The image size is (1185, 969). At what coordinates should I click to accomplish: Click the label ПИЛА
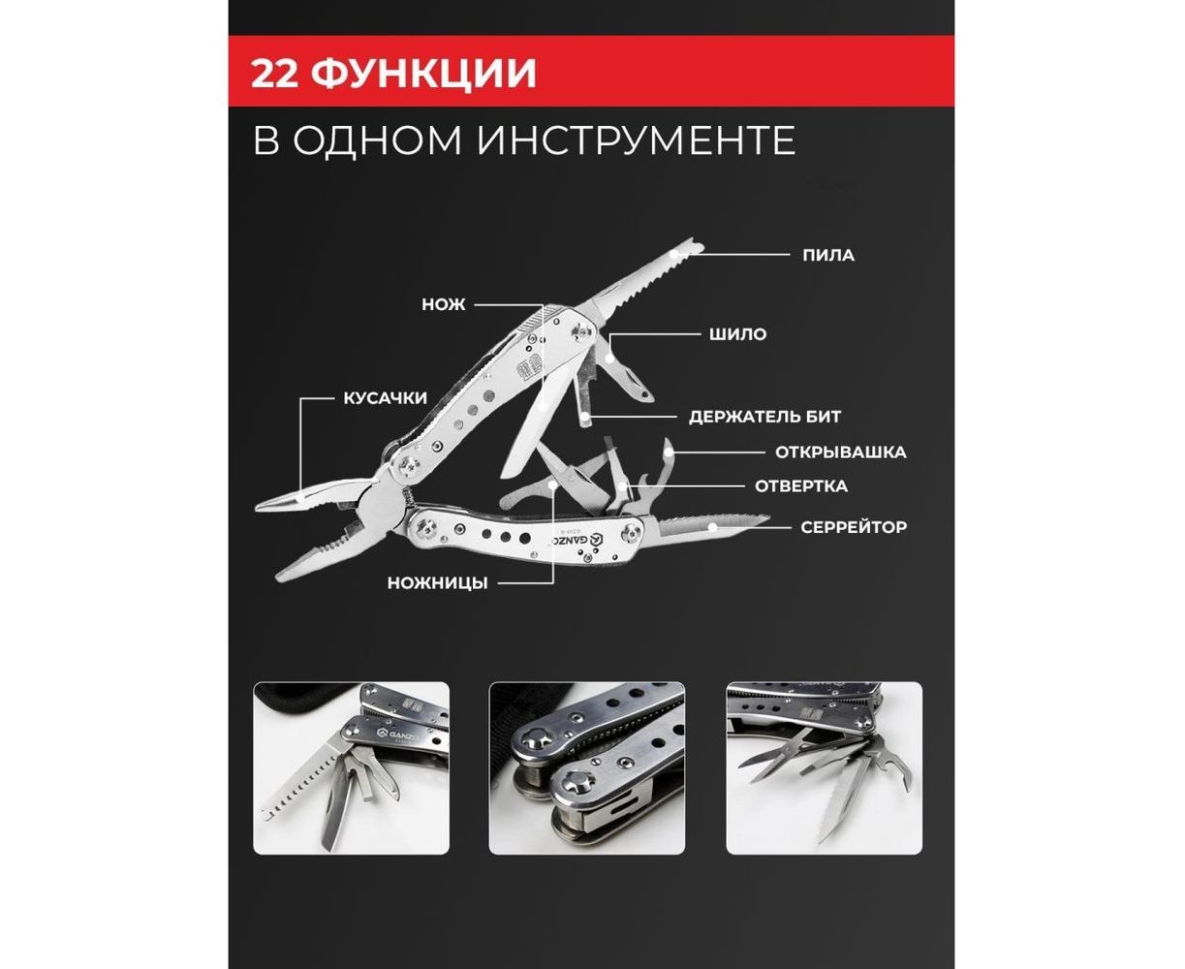828,255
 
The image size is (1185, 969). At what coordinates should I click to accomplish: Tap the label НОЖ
444,304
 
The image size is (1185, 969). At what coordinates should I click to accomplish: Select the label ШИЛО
737,334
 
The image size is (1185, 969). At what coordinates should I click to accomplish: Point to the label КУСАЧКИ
386,398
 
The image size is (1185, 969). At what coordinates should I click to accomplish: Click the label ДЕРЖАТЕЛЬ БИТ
764,417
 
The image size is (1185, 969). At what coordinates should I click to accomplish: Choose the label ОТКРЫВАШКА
841,453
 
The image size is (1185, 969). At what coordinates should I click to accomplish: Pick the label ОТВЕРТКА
800,486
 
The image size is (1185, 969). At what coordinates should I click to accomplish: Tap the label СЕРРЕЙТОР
854,527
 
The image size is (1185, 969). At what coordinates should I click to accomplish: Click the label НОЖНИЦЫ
437,583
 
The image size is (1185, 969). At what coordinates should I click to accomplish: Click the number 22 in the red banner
273,73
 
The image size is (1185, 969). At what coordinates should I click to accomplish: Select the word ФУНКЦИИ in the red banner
423,73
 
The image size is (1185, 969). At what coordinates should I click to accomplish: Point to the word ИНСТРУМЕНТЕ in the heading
636,141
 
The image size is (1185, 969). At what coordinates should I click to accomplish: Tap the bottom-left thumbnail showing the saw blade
351,767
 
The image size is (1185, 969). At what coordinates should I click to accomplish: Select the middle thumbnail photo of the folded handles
586,767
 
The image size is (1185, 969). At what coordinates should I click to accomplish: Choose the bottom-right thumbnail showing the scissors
824,767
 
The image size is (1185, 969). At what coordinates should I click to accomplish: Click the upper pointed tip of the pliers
257,508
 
